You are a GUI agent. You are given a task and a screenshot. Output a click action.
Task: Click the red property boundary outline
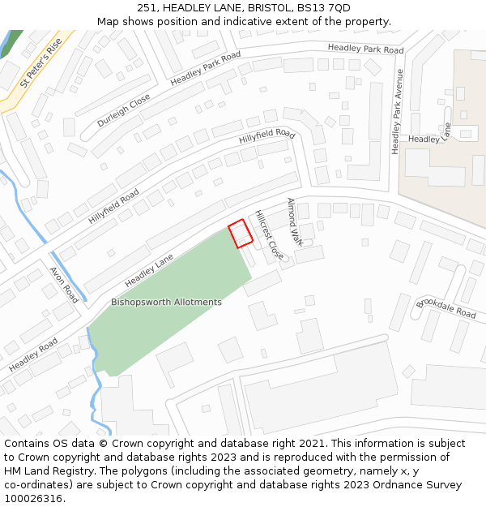point(241,234)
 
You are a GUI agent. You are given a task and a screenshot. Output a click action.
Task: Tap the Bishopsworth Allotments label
point(166,303)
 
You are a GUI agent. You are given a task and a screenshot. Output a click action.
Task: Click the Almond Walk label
point(295,221)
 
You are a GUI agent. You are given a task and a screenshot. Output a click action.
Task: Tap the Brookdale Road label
point(446,308)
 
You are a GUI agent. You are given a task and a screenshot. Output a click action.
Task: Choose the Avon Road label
point(64,285)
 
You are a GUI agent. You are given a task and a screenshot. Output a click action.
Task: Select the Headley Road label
point(33,356)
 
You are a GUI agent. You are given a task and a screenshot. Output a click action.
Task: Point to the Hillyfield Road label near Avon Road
point(114,207)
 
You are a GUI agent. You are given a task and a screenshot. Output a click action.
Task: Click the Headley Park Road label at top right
point(365,49)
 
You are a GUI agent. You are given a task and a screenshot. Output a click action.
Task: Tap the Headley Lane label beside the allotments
point(149,271)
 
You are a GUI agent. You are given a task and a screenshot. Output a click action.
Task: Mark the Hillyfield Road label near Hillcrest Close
point(266,136)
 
